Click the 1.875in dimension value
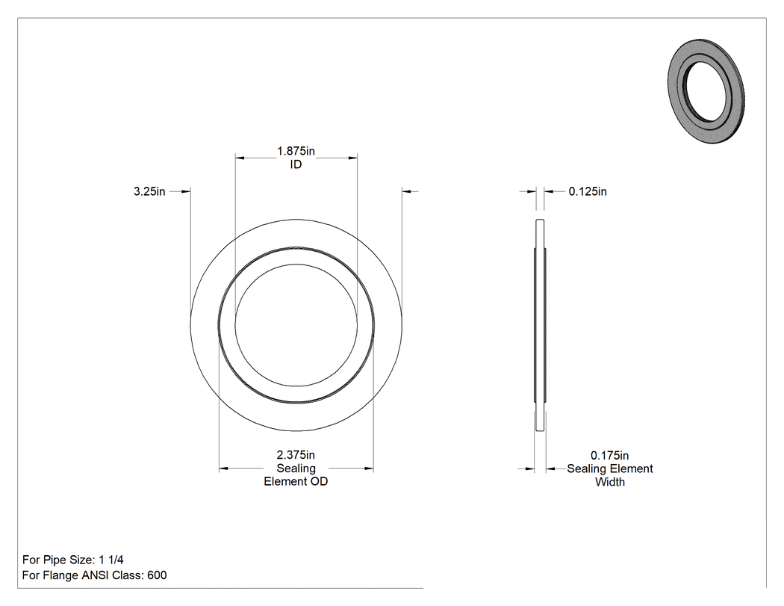pyautogui.click(x=296, y=151)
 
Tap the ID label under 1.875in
pyautogui.click(x=296, y=164)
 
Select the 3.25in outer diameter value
pyautogui.click(x=149, y=191)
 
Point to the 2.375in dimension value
pyautogui.click(x=296, y=455)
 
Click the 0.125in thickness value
pyautogui.click(x=588, y=191)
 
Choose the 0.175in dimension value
pyautogui.click(x=609, y=455)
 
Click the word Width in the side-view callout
pyautogui.click(x=609, y=482)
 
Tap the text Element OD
pyautogui.click(x=296, y=481)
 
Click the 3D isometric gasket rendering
pyautogui.click(x=706, y=91)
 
